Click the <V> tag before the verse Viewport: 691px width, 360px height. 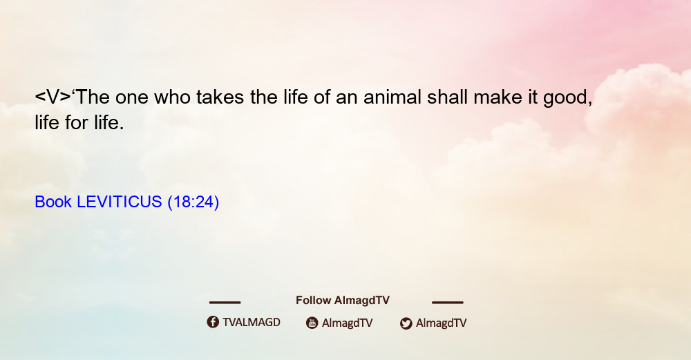pyautogui.click(x=53, y=97)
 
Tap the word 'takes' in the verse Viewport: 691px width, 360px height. pyautogui.click(x=220, y=97)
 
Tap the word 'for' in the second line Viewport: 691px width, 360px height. pyautogui.click(x=76, y=122)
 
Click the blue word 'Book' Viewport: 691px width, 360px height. pyautogui.click(x=53, y=202)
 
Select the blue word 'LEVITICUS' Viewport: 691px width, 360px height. pyautogui.click(x=120, y=202)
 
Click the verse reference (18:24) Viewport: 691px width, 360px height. pyautogui.click(x=193, y=202)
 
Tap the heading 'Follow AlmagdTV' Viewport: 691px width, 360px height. pyautogui.click(x=343, y=300)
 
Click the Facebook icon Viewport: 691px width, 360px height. pyautogui.click(x=213, y=322)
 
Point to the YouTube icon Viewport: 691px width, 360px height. pyautogui.click(x=312, y=323)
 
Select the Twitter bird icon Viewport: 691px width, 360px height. pyautogui.click(x=406, y=323)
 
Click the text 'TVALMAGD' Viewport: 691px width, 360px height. pyautogui.click(x=252, y=322)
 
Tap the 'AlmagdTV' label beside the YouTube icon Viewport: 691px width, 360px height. pyautogui.click(x=348, y=323)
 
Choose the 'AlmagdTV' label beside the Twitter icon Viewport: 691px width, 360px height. pyautogui.click(x=441, y=323)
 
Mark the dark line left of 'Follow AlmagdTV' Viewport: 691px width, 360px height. pyautogui.click(x=225, y=302)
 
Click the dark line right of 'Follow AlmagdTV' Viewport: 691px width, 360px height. pyautogui.click(x=448, y=302)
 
